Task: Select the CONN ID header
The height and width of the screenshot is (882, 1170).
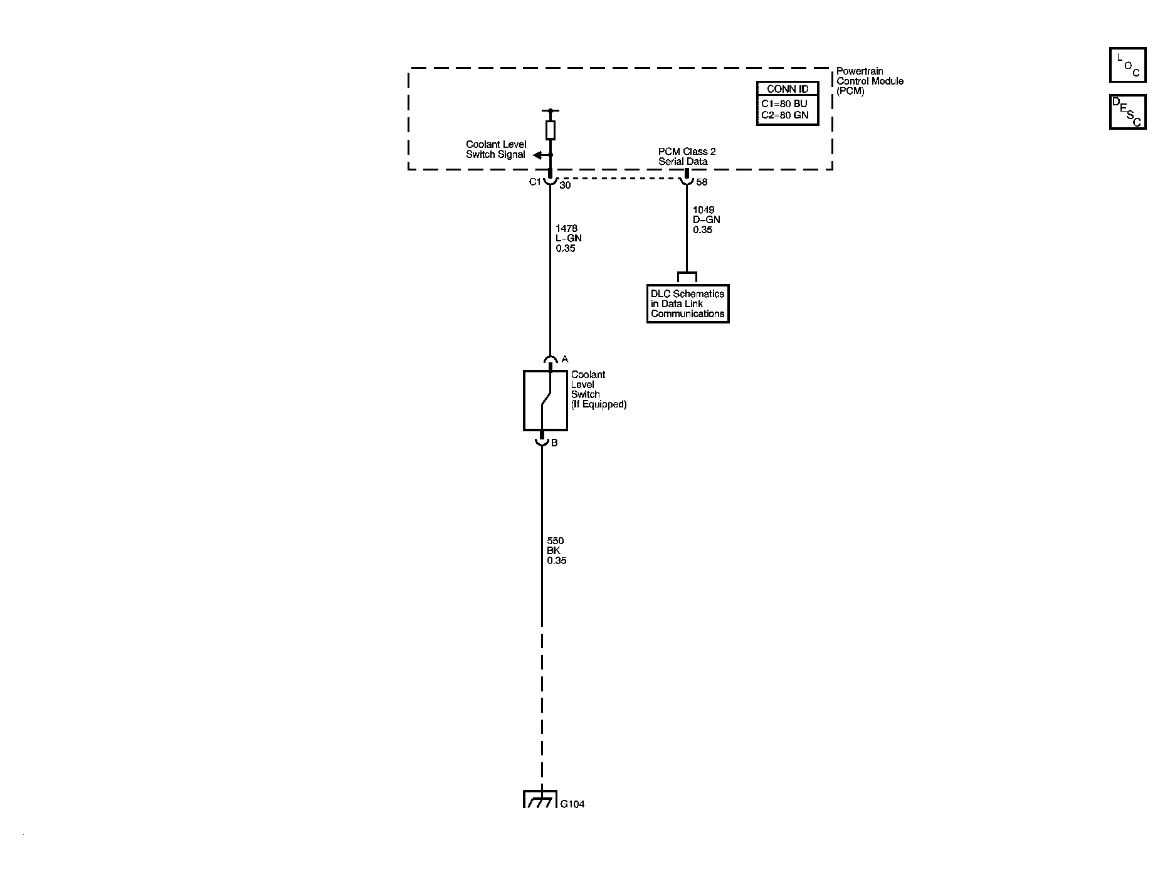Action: point(788,89)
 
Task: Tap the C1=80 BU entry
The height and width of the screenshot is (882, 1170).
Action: point(784,103)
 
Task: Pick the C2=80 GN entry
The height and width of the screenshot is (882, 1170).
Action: point(785,115)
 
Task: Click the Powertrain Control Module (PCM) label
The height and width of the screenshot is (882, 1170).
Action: point(870,81)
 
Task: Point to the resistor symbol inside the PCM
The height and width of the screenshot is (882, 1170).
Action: point(551,130)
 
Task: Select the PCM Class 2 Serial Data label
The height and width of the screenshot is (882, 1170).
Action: point(687,157)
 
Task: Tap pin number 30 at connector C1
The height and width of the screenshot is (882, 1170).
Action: point(565,185)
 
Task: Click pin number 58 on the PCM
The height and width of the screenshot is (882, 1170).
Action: point(702,182)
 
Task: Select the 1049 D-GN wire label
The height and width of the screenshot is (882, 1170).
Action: point(706,220)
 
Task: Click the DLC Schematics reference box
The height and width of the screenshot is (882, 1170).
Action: point(688,304)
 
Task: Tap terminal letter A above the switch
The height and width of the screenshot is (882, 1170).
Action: point(564,359)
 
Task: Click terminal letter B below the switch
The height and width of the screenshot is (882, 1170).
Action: point(554,443)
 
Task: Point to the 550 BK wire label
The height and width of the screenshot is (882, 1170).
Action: point(556,551)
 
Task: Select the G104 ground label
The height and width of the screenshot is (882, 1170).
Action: point(572,804)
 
